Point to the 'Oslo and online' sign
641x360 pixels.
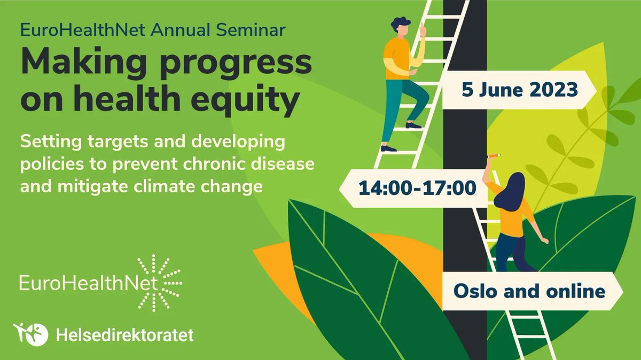tap(529, 291)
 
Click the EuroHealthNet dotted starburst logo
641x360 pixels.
tap(159, 283)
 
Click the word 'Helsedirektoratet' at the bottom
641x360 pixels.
tap(124, 335)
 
